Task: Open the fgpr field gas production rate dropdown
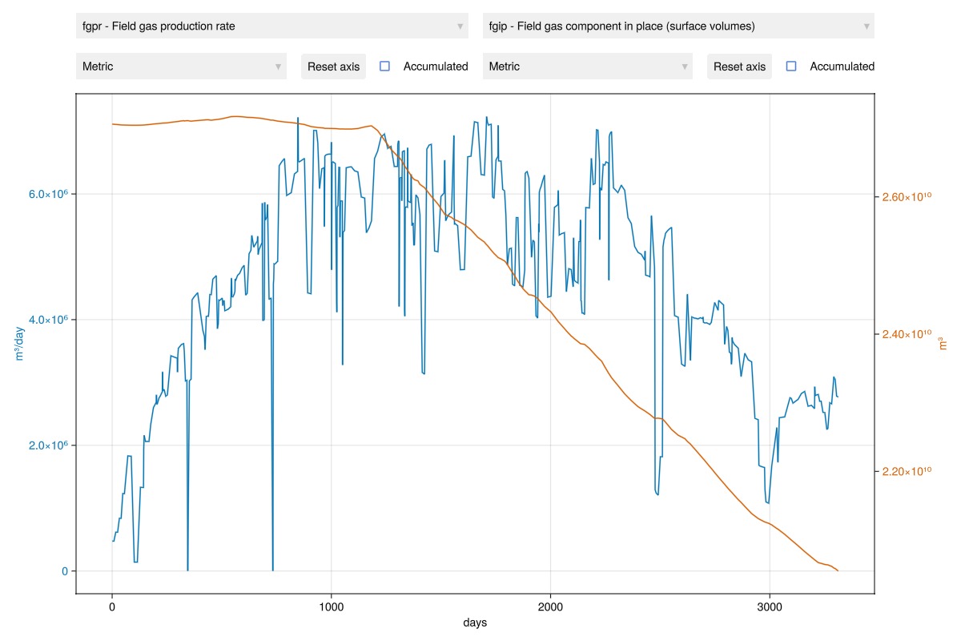[271, 26]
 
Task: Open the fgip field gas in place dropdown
[678, 26]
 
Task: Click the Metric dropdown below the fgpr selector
[181, 67]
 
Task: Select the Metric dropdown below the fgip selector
[587, 67]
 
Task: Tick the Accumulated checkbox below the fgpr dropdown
[384, 67]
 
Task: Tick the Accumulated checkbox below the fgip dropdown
[791, 67]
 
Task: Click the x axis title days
[475, 623]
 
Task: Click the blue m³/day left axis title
[20, 344]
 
